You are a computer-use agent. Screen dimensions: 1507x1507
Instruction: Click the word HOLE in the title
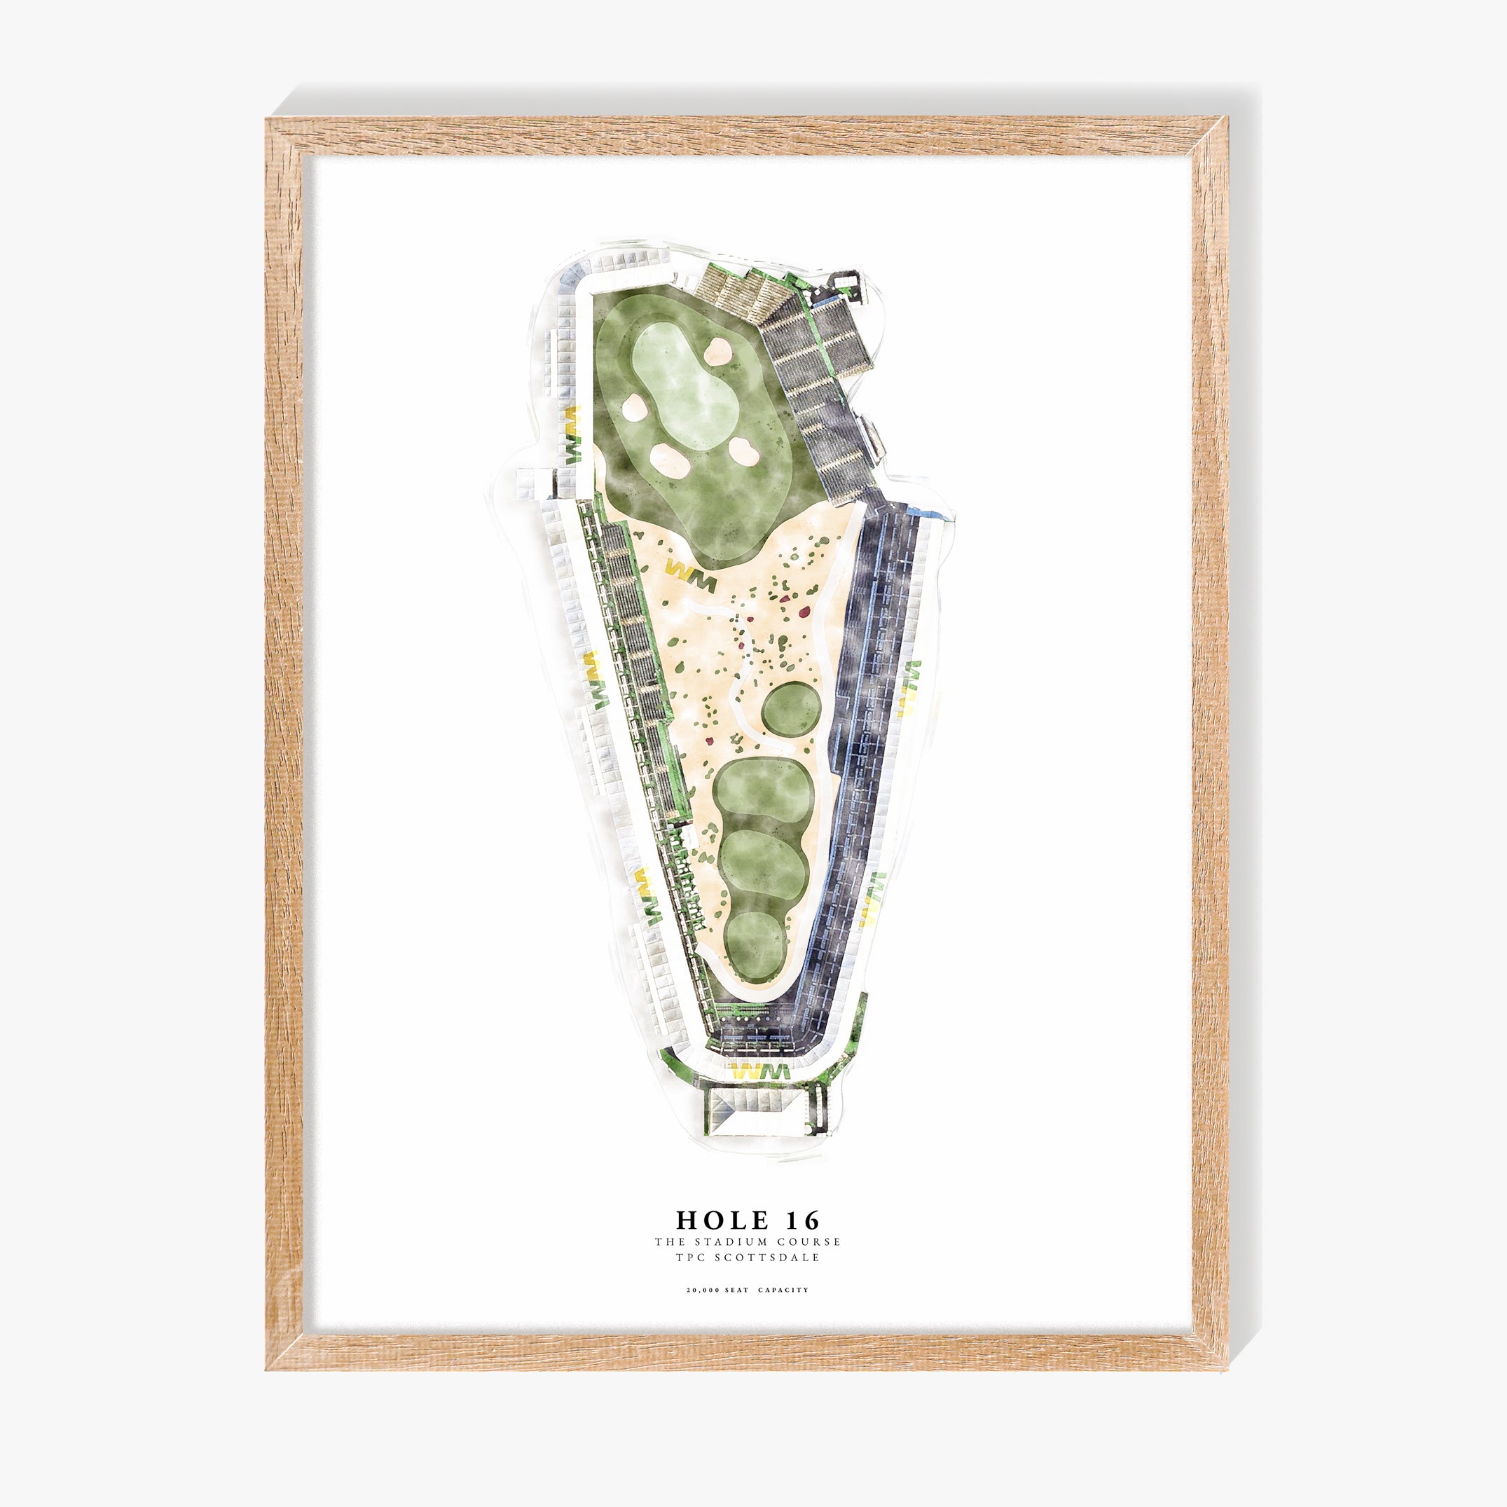pyautogui.click(x=711, y=1219)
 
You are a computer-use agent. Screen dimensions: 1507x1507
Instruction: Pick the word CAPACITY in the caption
pyautogui.click(x=783, y=1289)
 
